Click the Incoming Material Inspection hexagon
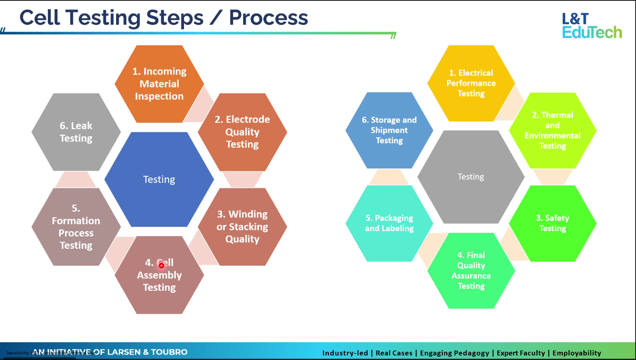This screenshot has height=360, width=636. (159, 84)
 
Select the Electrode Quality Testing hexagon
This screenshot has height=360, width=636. (242, 132)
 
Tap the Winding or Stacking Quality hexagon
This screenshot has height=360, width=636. (242, 227)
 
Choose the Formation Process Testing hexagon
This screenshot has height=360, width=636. (76, 227)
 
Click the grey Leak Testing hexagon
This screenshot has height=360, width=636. (76, 132)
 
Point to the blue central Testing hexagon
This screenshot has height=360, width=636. (159, 180)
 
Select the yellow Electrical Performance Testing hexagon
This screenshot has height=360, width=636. (471, 83)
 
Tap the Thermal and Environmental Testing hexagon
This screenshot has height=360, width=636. (552, 131)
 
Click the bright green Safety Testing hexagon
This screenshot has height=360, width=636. (552, 223)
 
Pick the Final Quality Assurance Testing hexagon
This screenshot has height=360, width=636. (471, 271)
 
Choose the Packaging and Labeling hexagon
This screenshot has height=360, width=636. (389, 223)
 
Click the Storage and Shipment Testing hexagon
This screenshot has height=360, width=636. (389, 130)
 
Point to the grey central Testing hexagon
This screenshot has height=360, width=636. (471, 177)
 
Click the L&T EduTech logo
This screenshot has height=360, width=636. (592, 26)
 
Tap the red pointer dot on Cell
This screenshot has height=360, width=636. (161, 266)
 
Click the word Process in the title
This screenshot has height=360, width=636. (268, 18)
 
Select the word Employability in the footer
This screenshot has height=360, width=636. (576, 353)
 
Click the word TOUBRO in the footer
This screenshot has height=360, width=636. (169, 352)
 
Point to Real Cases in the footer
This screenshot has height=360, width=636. (394, 353)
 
